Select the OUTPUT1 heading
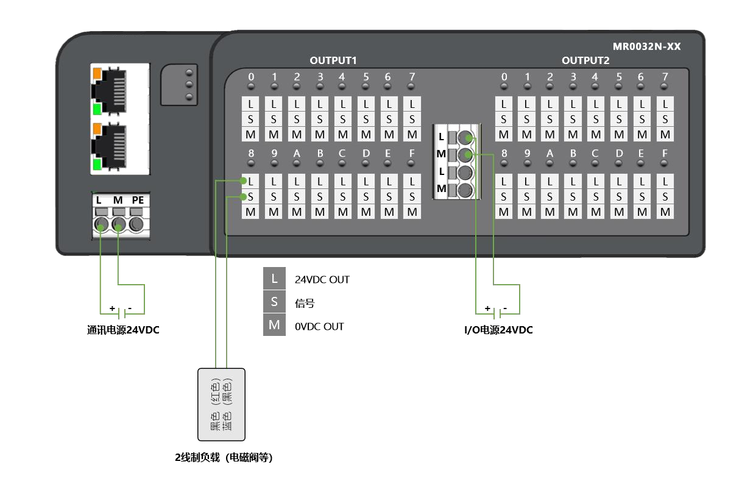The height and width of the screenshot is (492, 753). [333, 60]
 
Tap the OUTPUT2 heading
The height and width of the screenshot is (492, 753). [585, 60]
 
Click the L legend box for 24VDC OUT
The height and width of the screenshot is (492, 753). [274, 279]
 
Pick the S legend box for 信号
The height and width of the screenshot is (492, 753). [274, 302]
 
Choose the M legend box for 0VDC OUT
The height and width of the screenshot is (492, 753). [274, 326]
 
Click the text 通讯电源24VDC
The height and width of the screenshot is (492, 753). [123, 330]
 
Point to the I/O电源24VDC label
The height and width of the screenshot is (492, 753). [498, 330]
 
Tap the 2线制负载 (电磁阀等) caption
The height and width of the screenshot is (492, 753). [224, 458]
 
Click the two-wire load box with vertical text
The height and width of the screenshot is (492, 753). [221, 404]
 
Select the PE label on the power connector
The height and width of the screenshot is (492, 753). [138, 201]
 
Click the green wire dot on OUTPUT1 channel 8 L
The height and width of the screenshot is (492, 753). [244, 181]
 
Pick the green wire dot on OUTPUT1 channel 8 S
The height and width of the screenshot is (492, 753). [244, 196]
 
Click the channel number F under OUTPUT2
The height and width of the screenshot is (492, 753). [665, 154]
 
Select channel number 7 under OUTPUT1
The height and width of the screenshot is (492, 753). [412, 77]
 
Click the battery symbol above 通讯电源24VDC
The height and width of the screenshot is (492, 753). [122, 313]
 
